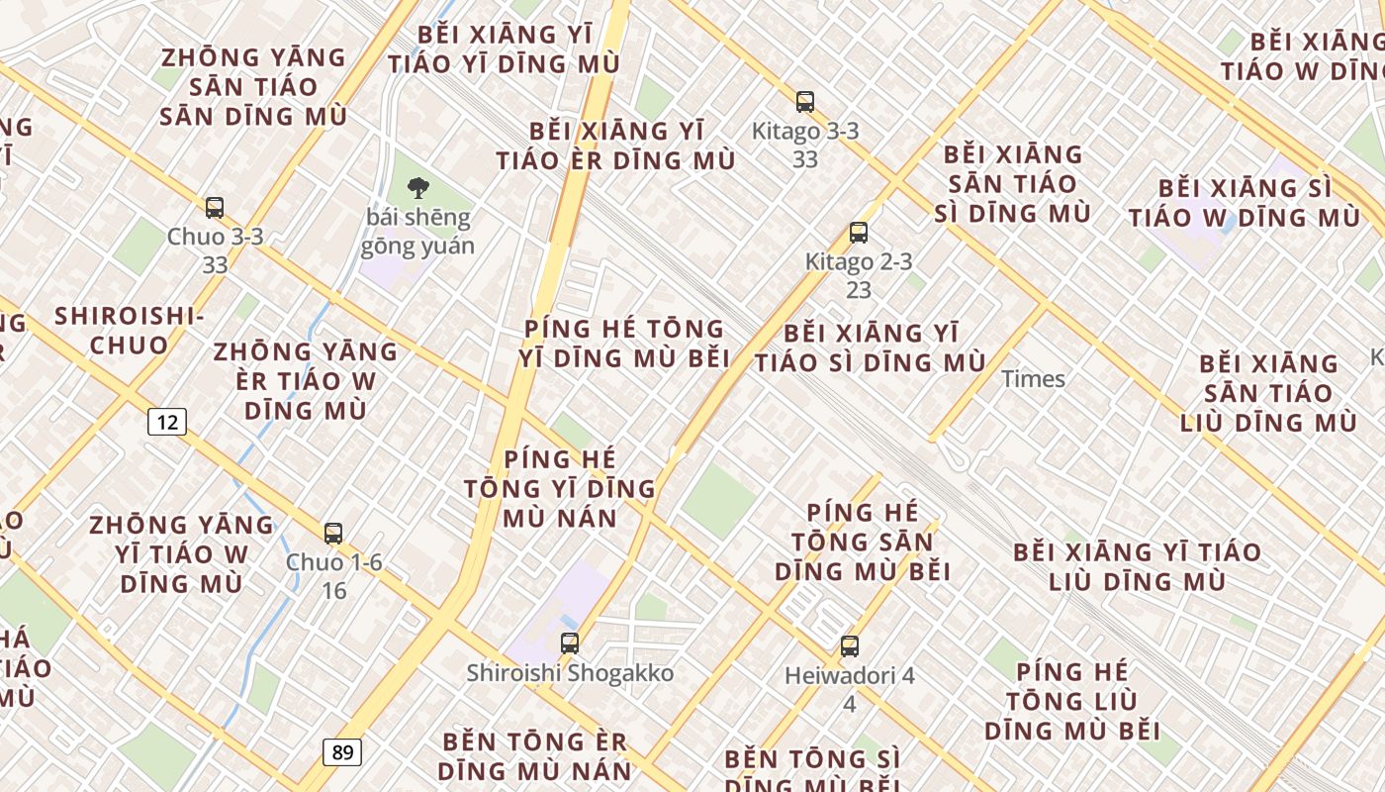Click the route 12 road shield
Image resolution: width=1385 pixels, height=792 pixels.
coord(167,422)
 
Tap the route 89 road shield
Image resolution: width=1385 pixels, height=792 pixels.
coord(342,751)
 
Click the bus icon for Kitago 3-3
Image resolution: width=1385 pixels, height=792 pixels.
coord(805,101)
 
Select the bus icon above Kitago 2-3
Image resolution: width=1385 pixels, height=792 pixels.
coord(859,233)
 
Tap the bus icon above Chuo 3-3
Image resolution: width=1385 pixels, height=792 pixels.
coord(215,208)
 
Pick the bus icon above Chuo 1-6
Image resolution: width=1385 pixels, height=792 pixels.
coord(333,534)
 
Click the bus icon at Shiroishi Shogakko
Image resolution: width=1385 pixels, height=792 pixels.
coord(570,643)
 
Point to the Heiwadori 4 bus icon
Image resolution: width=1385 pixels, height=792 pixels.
coord(850,646)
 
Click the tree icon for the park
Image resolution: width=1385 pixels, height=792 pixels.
coord(418,187)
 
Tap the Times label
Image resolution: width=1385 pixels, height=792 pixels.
coord(1033,379)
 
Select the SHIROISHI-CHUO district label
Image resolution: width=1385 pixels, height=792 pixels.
coord(129,331)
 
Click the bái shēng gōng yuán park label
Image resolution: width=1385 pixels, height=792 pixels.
coord(418,232)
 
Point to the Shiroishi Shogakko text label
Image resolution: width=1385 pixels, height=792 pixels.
coord(570,673)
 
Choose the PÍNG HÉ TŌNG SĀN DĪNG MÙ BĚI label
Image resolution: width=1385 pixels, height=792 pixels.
coord(863,542)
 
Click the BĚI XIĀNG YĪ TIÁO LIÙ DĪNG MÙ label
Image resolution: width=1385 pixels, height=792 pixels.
coord(1138,566)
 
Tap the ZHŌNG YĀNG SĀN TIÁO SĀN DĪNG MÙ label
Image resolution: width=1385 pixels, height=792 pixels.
coord(253,87)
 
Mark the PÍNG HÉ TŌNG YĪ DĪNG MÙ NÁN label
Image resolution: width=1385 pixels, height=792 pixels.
coord(560,488)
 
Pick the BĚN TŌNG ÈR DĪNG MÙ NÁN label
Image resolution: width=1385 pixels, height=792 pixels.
coord(535,755)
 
